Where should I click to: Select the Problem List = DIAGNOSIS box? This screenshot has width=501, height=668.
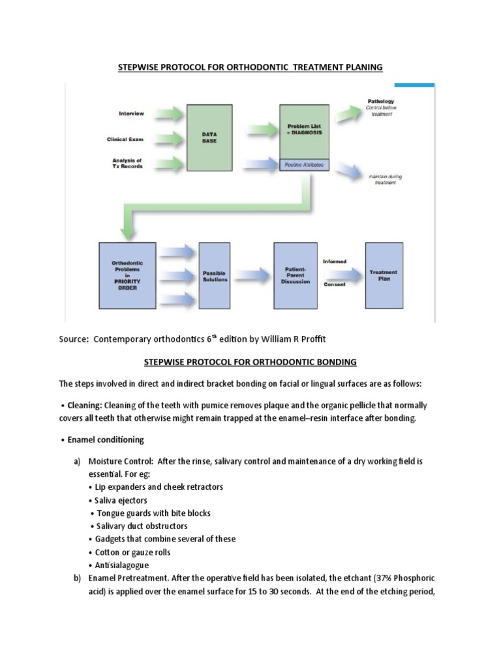point(305,129)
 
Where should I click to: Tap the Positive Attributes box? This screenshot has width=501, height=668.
point(305,166)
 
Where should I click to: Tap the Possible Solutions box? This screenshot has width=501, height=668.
point(215,275)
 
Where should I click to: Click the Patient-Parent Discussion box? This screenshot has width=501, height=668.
point(296,275)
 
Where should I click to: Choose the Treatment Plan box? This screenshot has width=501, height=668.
point(384,275)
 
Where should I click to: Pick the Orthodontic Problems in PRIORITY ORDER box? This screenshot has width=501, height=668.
point(127,275)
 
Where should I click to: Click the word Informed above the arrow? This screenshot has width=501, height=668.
point(335,262)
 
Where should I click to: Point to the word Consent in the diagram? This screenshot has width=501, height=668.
point(335,285)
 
